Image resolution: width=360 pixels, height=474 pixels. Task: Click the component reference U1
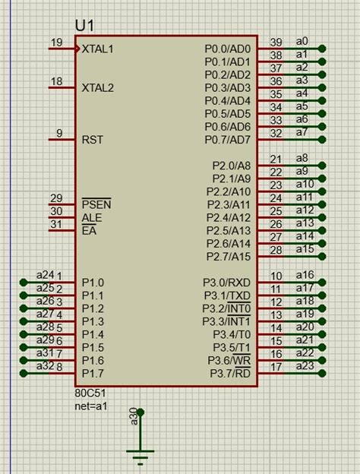pos(84,26)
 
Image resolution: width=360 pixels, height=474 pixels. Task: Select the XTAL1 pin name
pos(98,49)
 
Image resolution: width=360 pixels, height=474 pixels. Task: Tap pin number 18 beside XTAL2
pos(56,81)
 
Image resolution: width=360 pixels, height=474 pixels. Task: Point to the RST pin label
pos(93,140)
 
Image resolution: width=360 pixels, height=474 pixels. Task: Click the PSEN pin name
pos(96,204)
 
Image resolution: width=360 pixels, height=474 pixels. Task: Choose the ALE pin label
pos(92,218)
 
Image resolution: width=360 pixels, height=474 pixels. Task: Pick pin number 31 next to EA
pos(56,224)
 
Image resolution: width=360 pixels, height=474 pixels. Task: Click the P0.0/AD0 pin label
pos(228,49)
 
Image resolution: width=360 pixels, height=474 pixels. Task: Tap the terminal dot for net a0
pos(322,49)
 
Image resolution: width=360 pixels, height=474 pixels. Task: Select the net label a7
pos(302,132)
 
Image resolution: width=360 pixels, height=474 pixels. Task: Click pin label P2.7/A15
pos(229,257)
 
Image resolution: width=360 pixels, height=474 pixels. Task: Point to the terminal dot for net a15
pos(322,256)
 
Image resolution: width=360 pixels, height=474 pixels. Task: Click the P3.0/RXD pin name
pos(226,283)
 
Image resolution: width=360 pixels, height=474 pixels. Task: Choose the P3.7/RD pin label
pos(230,373)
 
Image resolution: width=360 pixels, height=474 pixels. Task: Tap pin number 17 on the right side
pos(276,368)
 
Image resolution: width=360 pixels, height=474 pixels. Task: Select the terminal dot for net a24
pos(24,283)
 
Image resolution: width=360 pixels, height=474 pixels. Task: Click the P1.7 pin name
pos(93,374)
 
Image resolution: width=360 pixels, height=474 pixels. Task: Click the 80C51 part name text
pos(90,393)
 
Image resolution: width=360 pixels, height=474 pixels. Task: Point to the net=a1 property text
pos(91,406)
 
